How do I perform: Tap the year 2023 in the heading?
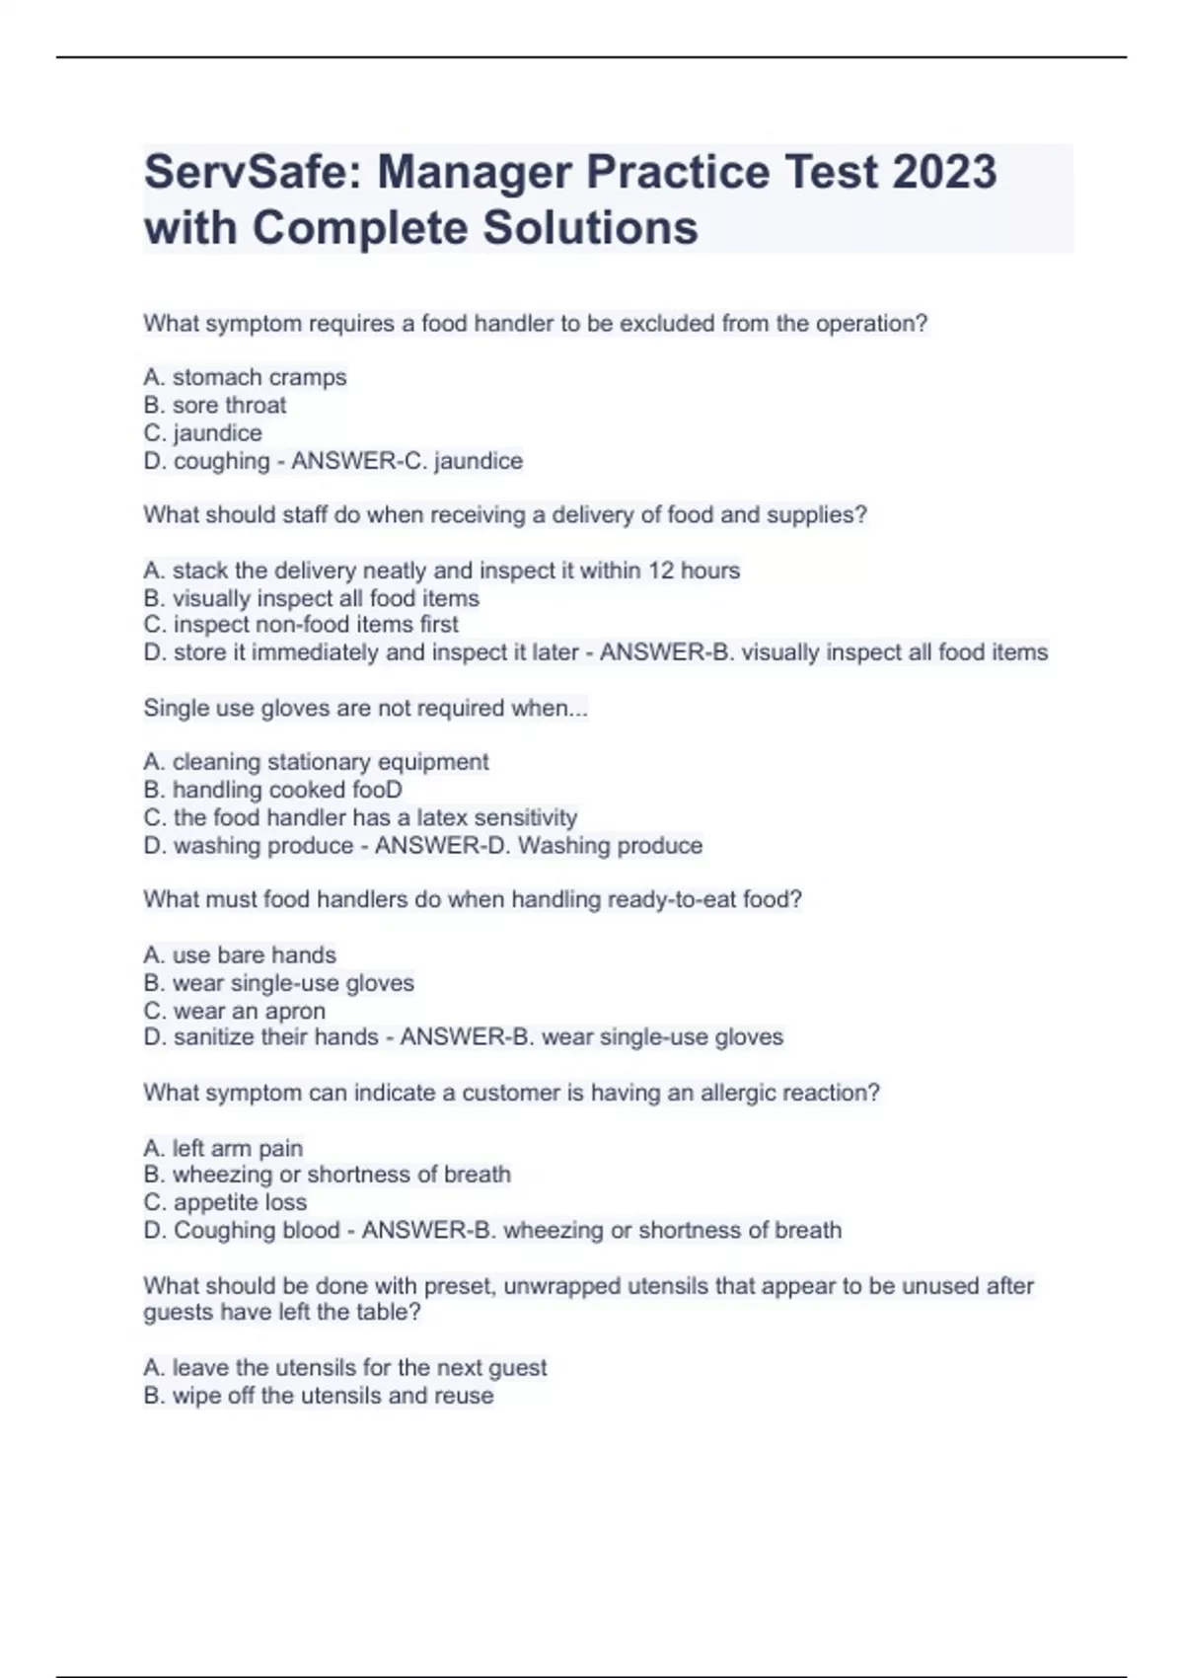pos(944,172)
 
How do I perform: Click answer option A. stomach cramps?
pos(245,377)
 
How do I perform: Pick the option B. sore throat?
pos(215,405)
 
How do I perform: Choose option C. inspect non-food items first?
pos(301,625)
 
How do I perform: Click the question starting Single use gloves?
pos(365,708)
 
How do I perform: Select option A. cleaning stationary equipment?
pos(316,762)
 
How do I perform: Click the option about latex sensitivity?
pos(360,817)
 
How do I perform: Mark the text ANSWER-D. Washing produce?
pos(539,846)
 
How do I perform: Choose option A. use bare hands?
pos(240,954)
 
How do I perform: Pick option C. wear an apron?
pos(234,1011)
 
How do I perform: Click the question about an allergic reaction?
pos(511,1093)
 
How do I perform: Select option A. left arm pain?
pos(223,1148)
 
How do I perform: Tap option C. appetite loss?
pos(225,1202)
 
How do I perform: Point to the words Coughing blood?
pos(257,1230)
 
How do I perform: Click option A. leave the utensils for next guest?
pos(344,1367)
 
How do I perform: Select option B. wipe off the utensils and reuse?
pos(318,1396)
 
